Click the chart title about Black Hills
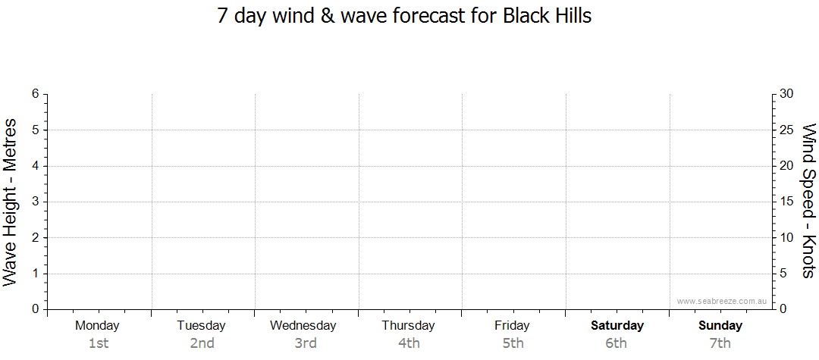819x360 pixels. [404, 16]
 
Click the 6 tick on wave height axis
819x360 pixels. [36, 94]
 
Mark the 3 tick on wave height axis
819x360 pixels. [36, 202]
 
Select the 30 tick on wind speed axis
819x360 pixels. [786, 94]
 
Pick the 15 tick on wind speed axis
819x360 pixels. [786, 202]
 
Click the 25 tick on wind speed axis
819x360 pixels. [786, 130]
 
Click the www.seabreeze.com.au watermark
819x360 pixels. [721, 301]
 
